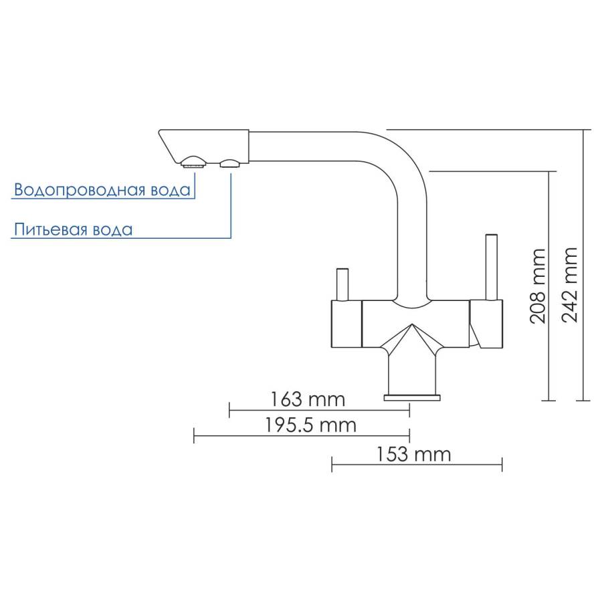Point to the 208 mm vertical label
(537, 286)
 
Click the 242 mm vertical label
(571, 284)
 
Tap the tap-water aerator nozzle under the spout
(193, 161)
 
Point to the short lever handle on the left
(342, 284)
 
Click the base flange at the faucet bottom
(412, 397)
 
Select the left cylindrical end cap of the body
(346, 324)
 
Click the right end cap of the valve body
(487, 324)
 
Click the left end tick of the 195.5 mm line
(194, 435)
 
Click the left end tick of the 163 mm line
(229, 410)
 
